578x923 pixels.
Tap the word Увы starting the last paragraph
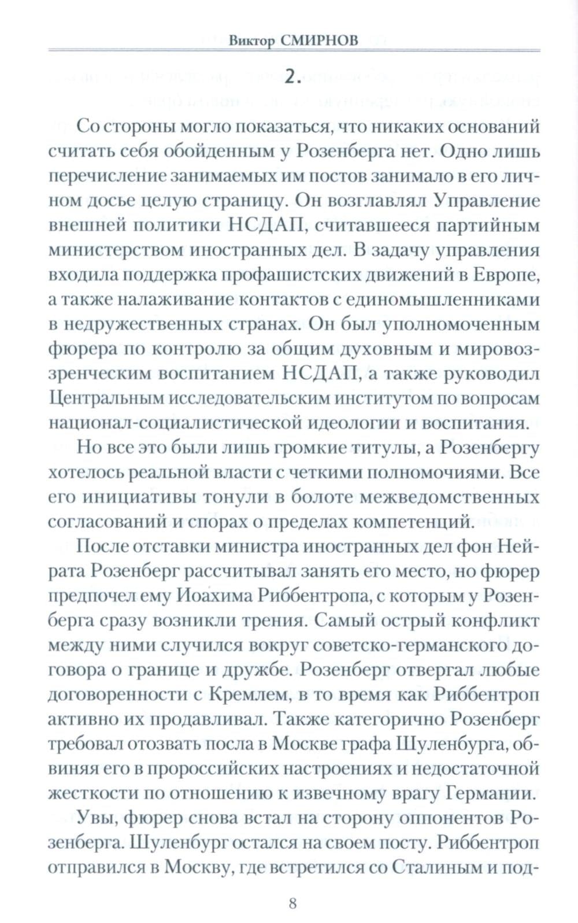click(95, 819)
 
